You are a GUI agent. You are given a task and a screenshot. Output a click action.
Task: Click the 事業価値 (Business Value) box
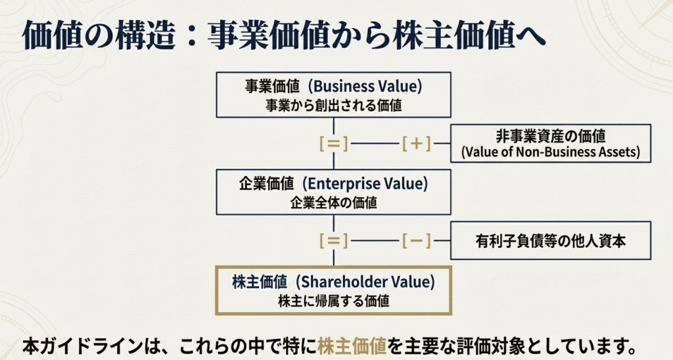(x=333, y=95)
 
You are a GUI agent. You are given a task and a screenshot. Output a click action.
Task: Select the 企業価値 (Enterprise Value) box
(x=333, y=192)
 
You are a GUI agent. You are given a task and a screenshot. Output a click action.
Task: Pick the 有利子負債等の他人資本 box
(x=550, y=240)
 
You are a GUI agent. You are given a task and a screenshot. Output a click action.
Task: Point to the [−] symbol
(x=416, y=240)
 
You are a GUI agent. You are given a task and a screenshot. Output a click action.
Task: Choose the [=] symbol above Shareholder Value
(x=333, y=240)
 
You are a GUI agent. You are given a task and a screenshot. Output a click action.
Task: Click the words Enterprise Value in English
(x=373, y=184)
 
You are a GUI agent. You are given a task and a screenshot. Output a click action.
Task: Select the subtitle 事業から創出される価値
(x=333, y=104)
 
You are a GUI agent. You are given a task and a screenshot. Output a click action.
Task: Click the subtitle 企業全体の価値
(x=333, y=202)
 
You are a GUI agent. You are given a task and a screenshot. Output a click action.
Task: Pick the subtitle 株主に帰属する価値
(x=333, y=302)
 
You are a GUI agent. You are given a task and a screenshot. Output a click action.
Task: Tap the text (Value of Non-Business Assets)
(x=550, y=152)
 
